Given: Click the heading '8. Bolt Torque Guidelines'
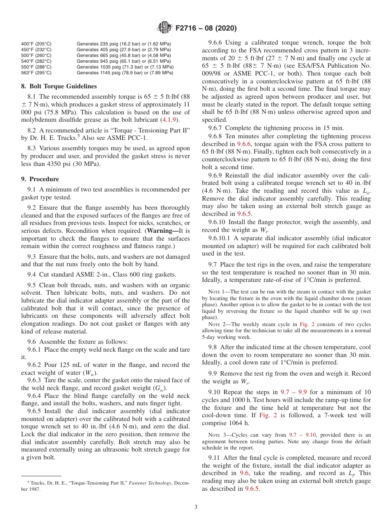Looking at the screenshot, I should click(59, 86).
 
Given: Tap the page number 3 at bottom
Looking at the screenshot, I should click(196, 507).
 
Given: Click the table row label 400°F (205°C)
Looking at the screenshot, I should click(36, 44).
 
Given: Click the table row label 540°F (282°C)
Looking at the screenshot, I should click(36, 61).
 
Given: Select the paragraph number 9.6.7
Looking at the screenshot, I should click(215, 128).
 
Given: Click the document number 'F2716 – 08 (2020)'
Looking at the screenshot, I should click(206, 28).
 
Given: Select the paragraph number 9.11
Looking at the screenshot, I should click(214, 458).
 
